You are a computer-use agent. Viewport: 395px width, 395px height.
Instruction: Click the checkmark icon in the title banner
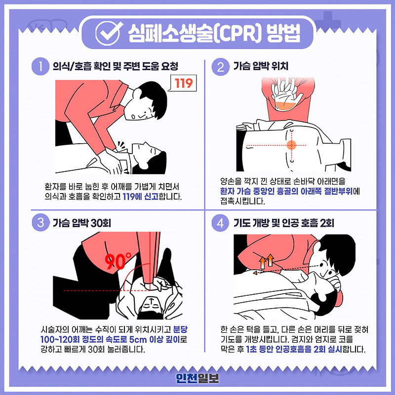pos(105,31)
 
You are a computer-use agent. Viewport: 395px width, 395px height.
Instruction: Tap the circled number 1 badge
pos(39,67)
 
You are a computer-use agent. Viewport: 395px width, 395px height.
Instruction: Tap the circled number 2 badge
pos(220,67)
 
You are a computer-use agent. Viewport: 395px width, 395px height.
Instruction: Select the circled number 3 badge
pos(39,223)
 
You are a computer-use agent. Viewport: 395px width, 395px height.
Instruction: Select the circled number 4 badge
pos(220,223)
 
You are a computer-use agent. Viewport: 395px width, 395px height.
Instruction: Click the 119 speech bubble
pos(182,83)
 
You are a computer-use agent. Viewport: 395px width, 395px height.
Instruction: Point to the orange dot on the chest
pos(291,145)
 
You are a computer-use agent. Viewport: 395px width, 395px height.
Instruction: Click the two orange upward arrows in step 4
pos(267,260)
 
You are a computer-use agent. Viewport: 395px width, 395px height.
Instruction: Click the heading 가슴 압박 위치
pos(261,67)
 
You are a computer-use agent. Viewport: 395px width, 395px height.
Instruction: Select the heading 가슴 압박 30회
pos(82,223)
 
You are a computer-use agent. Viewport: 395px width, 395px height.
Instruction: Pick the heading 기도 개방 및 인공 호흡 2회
pos(284,223)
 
